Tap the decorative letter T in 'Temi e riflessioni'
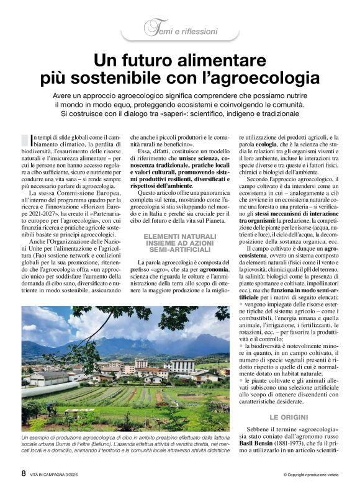[x=149, y=28]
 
